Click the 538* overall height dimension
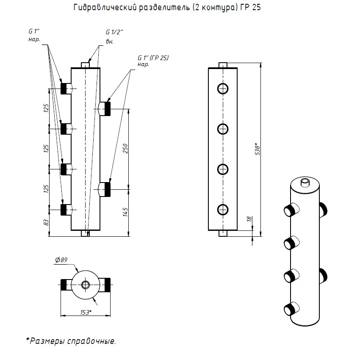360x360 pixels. tap(258, 149)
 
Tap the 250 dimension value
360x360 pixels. tap(125, 149)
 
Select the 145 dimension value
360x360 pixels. tap(125, 212)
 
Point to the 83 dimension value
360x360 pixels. tap(46, 222)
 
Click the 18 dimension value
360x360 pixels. tap(249, 219)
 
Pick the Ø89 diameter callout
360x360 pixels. tap(61, 260)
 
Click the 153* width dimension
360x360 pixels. tap(86, 312)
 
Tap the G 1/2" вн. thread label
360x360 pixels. tap(114, 36)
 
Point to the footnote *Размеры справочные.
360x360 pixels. tap(71, 341)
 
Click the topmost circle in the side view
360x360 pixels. tap(223, 89)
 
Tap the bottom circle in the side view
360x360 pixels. tap(223, 210)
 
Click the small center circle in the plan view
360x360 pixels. tap(86, 285)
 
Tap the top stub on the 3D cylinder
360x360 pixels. tap(305, 183)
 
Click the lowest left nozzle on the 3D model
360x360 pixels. tap(291, 309)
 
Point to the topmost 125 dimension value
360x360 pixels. tap(46, 108)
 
